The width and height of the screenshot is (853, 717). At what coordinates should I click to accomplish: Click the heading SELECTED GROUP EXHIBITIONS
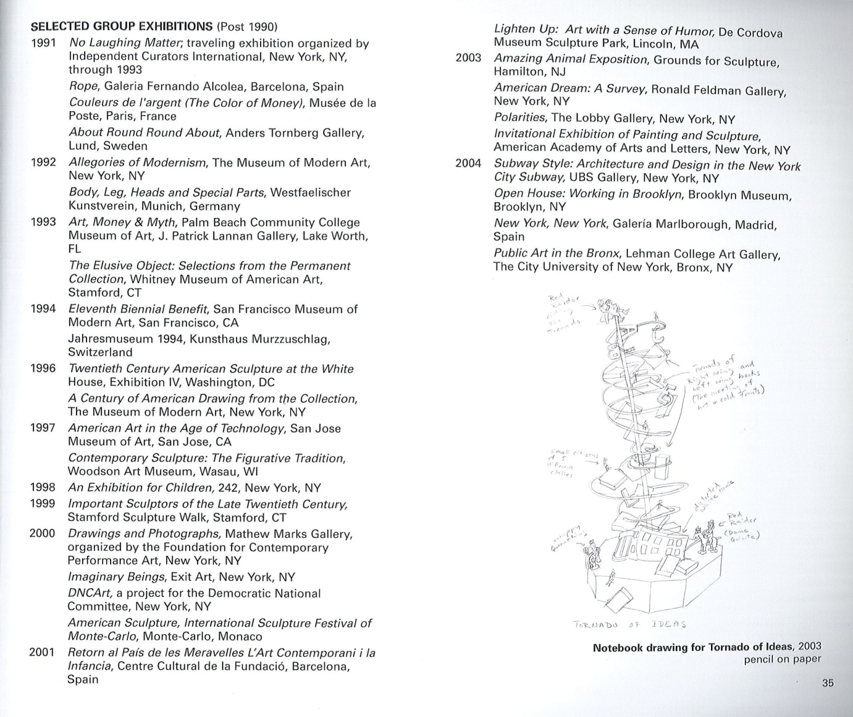(122, 27)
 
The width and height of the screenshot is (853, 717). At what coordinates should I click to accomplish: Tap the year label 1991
(43, 43)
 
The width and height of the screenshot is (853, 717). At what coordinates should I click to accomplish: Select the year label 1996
(43, 369)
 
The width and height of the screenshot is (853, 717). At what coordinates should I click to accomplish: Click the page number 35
(828, 683)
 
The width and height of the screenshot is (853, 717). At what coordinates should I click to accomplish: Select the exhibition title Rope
(83, 87)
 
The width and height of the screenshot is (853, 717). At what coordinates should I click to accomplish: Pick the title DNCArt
(95, 593)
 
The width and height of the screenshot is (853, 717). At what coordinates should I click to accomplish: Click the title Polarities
(519, 117)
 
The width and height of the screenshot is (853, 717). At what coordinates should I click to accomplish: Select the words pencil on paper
(783, 659)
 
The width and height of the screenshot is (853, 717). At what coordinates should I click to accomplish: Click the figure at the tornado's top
(613, 307)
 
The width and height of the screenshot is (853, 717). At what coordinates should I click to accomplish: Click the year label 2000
(42, 533)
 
